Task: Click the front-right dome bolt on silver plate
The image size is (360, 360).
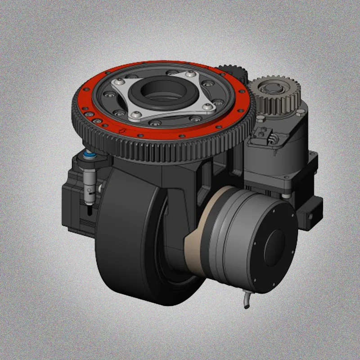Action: coord(207,107)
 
